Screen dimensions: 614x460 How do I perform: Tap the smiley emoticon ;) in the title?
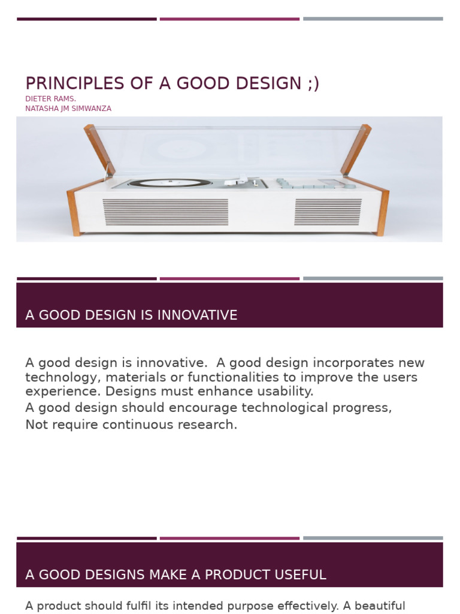point(313,84)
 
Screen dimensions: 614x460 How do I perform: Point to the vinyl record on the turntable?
point(170,182)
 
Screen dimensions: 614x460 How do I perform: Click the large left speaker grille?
point(165,212)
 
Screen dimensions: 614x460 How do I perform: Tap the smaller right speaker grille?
point(328,212)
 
